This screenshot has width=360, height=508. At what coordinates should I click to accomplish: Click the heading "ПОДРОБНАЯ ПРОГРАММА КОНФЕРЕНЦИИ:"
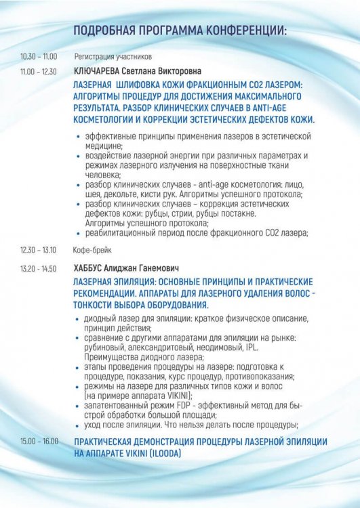click(180, 30)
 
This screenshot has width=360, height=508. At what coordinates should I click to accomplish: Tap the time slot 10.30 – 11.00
click(39, 57)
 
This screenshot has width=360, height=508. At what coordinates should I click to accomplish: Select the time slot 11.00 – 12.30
click(39, 70)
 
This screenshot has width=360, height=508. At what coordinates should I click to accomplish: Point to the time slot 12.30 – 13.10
click(39, 249)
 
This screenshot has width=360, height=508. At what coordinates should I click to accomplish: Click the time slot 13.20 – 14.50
click(39, 268)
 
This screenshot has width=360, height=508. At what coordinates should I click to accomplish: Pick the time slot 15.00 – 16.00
click(39, 440)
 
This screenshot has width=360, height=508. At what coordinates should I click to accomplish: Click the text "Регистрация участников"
click(113, 57)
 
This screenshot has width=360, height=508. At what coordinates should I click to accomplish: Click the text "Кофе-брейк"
click(91, 249)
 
